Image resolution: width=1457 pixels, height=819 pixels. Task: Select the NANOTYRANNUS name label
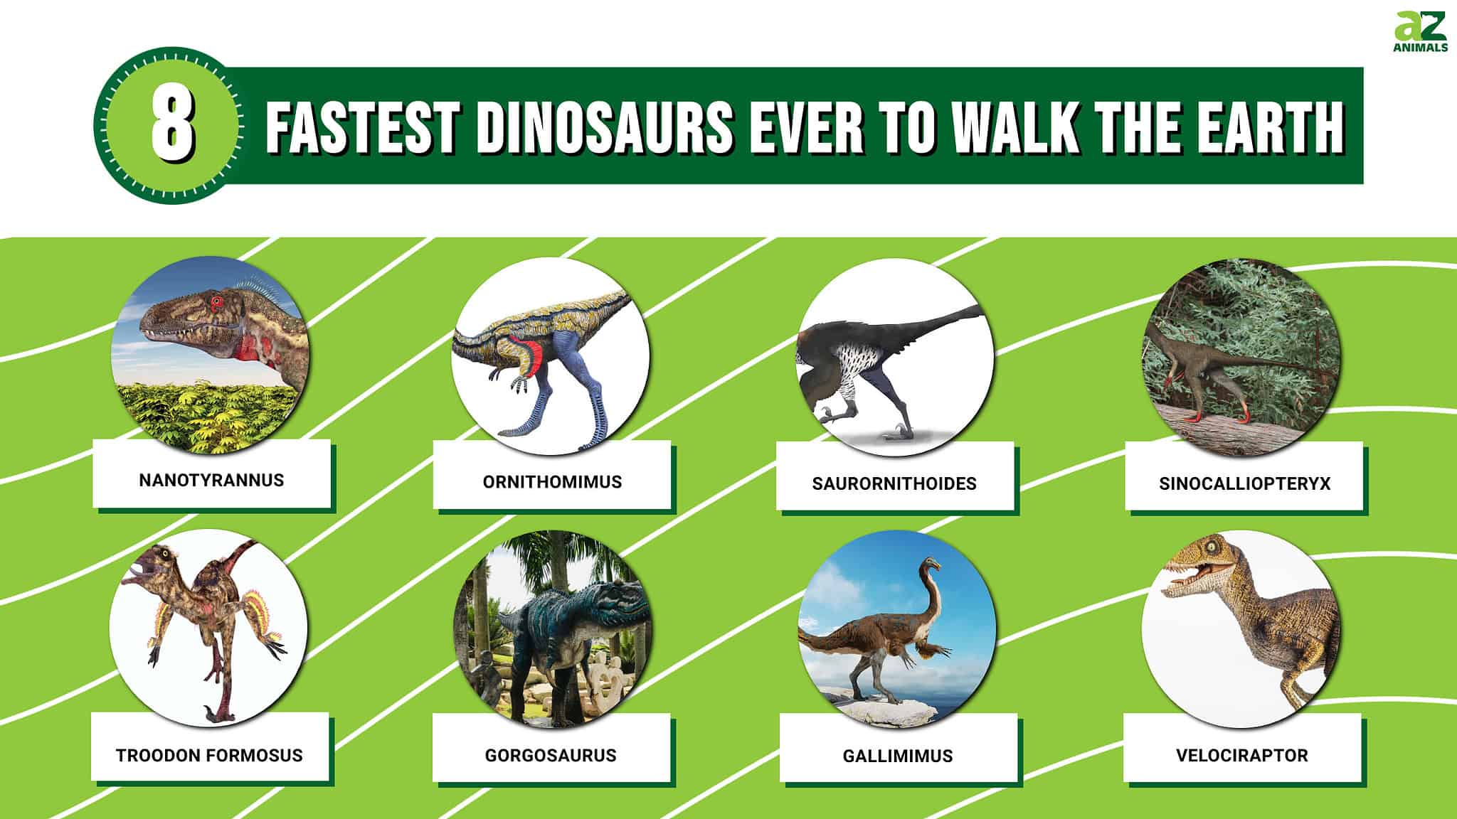click(x=211, y=480)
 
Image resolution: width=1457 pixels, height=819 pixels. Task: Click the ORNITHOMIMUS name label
click(x=552, y=482)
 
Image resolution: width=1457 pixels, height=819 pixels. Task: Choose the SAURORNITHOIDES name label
click(x=894, y=483)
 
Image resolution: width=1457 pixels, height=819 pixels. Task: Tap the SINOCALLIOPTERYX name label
click(x=1244, y=483)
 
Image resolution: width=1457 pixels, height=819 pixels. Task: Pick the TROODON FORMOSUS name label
click(x=209, y=755)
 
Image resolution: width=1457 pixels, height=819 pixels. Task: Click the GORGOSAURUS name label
click(x=551, y=755)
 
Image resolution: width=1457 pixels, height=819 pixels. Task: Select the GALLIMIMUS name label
click(x=898, y=756)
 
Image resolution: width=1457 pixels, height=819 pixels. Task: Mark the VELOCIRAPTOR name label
click(x=1241, y=755)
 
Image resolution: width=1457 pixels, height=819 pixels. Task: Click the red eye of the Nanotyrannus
click(x=216, y=302)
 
